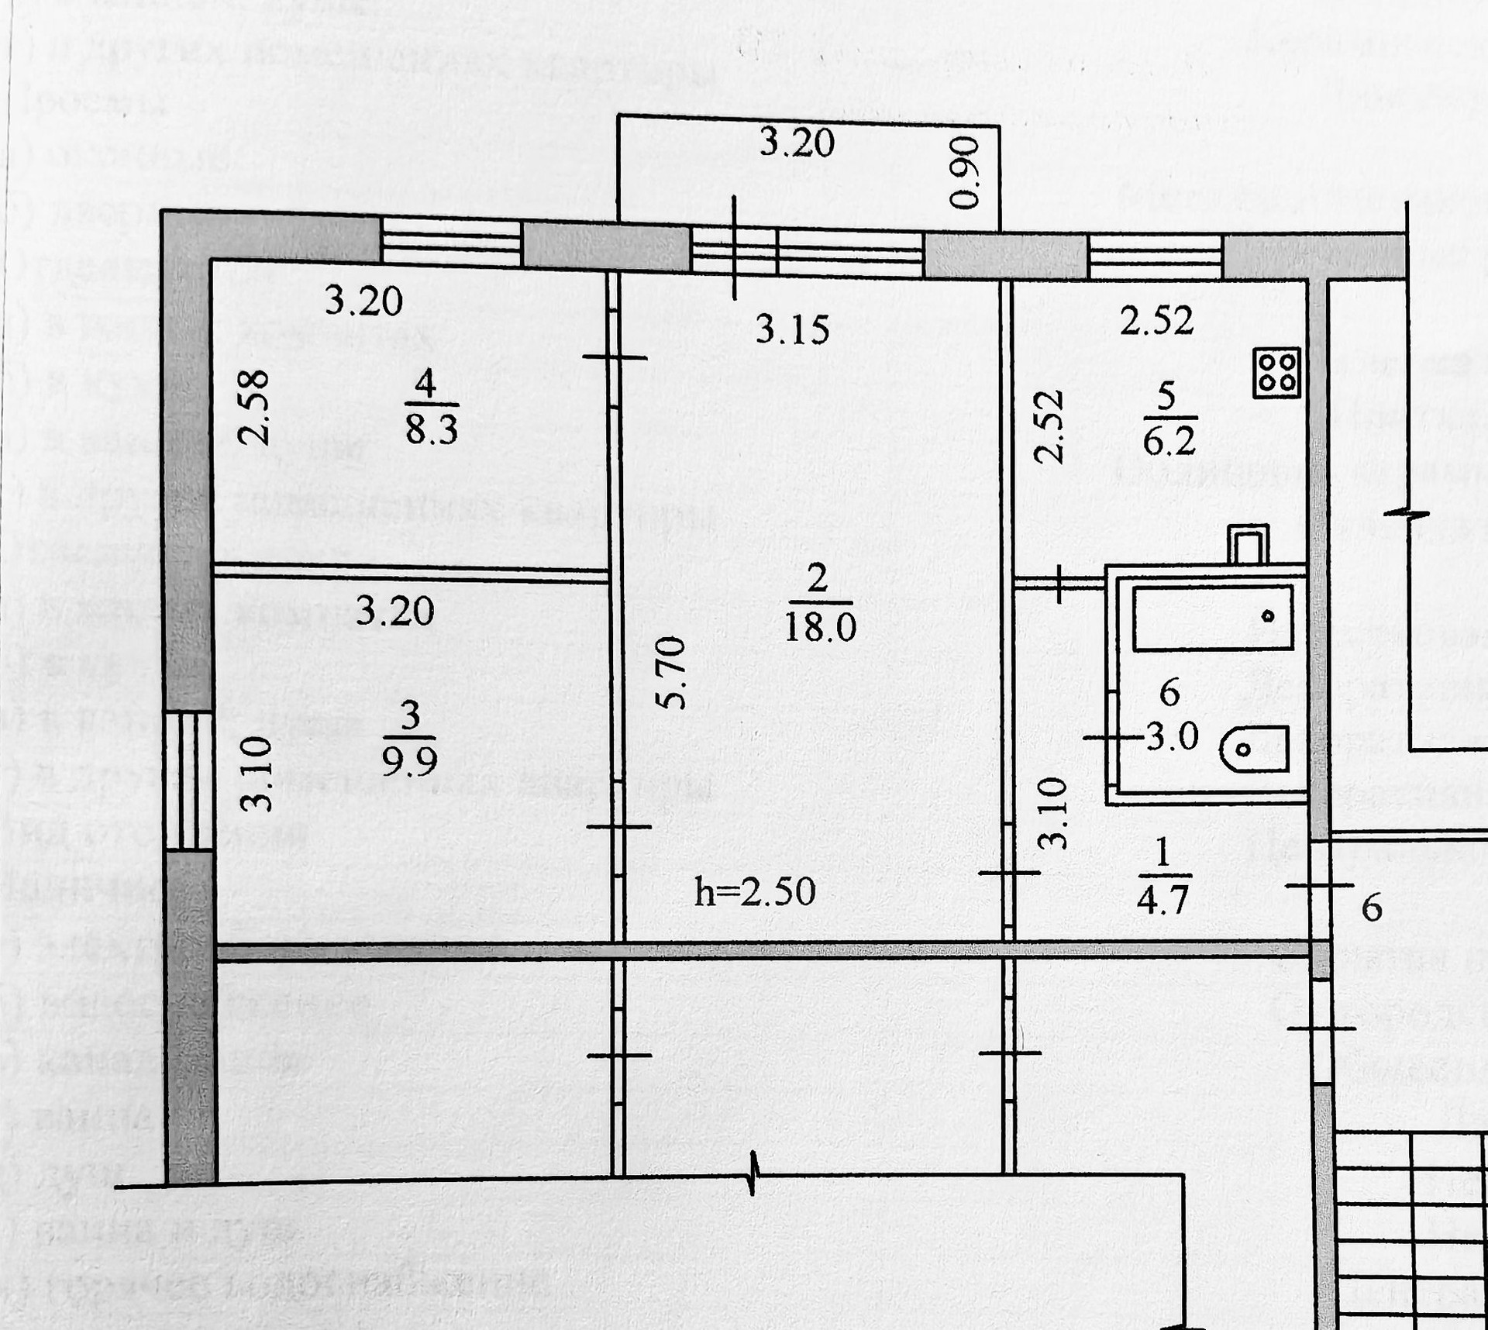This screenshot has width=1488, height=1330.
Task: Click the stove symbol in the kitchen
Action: click(x=1276, y=372)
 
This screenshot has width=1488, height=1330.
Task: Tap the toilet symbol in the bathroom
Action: click(x=1254, y=749)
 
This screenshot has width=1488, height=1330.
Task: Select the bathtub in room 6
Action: click(x=1213, y=618)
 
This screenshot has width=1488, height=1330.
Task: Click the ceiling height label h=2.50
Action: click(x=755, y=892)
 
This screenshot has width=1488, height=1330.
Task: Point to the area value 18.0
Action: click(x=820, y=625)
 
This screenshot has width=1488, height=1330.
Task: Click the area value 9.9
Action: click(x=410, y=761)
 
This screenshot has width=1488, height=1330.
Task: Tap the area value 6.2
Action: click(x=1169, y=441)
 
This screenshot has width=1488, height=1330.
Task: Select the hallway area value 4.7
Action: click(x=1162, y=900)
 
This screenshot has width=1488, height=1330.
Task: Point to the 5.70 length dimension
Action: click(x=671, y=672)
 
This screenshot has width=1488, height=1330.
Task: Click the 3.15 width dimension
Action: click(x=792, y=329)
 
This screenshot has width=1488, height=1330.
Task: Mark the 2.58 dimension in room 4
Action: click(x=253, y=407)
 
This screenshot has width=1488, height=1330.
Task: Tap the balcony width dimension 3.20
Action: click(x=796, y=143)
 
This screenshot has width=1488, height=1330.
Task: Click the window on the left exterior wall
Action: click(x=189, y=780)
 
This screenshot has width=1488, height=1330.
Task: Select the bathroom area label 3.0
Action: click(x=1172, y=736)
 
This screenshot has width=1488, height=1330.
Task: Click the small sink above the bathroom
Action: click(x=1248, y=545)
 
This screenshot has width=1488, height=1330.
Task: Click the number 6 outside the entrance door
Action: click(x=1372, y=908)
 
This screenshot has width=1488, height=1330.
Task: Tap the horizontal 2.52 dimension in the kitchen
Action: click(x=1156, y=320)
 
